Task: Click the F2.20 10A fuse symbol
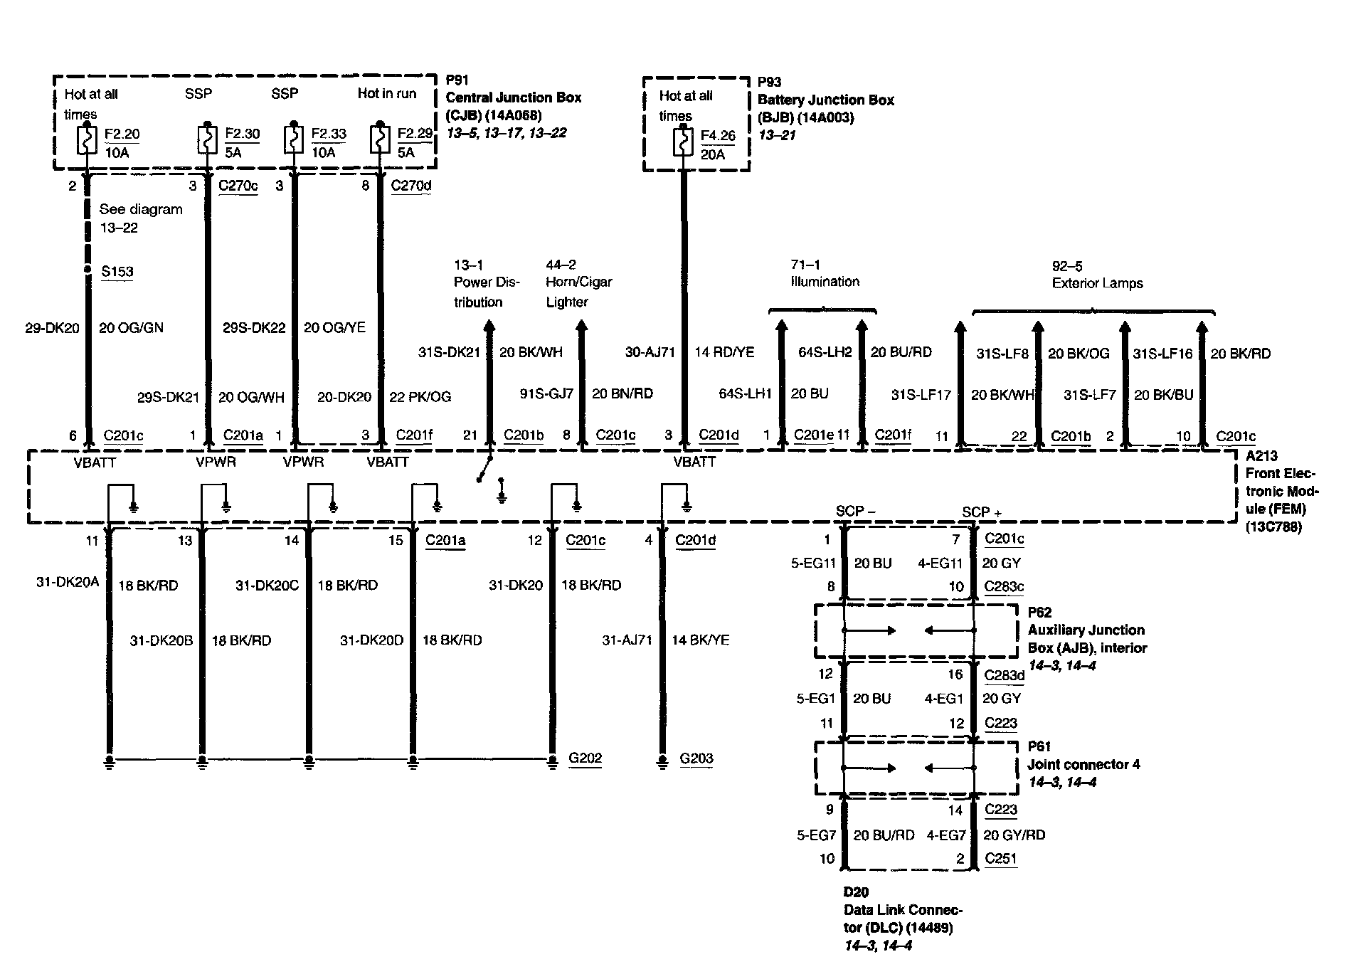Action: point(87,141)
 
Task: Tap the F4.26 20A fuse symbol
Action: point(683,143)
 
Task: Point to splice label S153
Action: point(117,271)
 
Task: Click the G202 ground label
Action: point(585,758)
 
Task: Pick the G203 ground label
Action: point(696,758)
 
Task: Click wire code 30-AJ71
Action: point(650,352)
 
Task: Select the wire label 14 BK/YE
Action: point(700,640)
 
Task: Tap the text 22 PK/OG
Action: point(420,397)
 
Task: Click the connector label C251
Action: point(1000,858)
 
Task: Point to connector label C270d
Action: point(411,186)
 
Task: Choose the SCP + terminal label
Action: point(981,512)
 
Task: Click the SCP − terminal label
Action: point(855,511)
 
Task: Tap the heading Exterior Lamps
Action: point(1097,283)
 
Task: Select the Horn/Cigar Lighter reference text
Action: point(578,292)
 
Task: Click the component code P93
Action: point(769,82)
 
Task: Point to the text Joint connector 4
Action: point(1083,765)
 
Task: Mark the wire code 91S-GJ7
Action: point(546,393)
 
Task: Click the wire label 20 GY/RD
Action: point(1013,835)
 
